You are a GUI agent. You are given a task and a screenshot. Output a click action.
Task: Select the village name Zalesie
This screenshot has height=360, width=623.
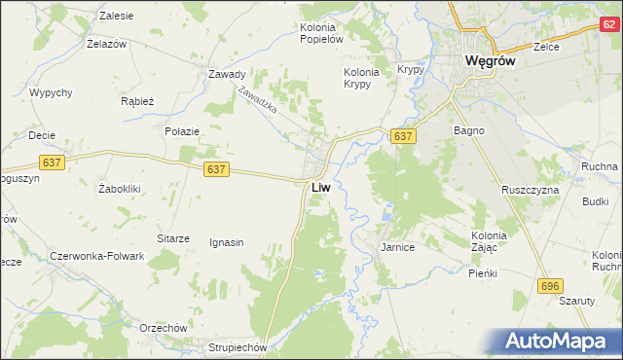click(x=118, y=17)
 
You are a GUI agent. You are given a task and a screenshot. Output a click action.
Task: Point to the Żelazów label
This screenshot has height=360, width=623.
click(x=108, y=45)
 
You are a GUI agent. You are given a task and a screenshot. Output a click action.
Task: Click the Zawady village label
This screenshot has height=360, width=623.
click(x=226, y=74)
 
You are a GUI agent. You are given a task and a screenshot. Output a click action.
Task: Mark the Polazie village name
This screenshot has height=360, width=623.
click(x=182, y=131)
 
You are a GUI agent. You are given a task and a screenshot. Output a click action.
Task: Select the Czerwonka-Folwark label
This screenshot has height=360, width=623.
click(x=97, y=256)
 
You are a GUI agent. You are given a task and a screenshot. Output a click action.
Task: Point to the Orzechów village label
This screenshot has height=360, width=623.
click(x=162, y=328)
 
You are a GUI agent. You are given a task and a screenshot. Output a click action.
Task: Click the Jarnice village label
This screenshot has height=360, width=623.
click(x=397, y=248)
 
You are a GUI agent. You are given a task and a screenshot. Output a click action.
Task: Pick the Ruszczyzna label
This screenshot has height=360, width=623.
click(x=530, y=190)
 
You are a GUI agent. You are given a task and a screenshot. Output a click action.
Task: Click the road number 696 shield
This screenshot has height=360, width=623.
click(x=551, y=283)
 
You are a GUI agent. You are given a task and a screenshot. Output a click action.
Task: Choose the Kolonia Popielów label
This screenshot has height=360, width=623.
click(x=323, y=33)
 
